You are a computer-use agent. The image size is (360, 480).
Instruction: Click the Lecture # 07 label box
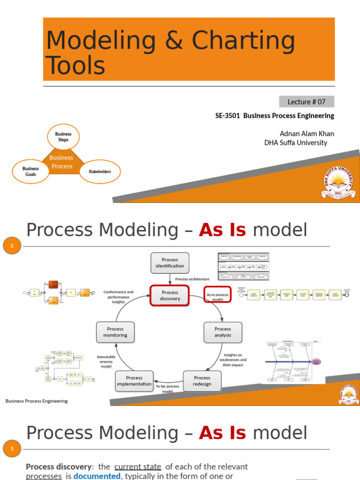307,102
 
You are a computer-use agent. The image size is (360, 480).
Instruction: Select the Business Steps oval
63,137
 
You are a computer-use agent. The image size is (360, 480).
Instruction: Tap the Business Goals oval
31,172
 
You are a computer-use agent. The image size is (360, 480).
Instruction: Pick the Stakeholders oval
100,172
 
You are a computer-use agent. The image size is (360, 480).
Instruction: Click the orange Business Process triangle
61,162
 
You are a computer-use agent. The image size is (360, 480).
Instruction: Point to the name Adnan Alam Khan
307,134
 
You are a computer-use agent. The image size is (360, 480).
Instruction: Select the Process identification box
170,263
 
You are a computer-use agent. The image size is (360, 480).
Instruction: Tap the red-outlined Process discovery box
170,295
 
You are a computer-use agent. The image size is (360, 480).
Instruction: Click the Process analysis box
223,332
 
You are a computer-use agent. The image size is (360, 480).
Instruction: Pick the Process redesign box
202,381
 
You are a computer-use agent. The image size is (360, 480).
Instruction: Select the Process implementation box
135,381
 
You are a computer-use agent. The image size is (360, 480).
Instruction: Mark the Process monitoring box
115,332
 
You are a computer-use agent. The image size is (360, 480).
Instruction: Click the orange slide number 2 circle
12,246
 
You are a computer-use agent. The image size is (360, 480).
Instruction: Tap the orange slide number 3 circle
12,450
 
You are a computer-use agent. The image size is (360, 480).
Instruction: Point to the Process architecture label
192,279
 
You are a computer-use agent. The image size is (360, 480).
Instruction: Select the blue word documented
97,476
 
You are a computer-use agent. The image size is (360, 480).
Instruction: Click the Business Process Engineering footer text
37,401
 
